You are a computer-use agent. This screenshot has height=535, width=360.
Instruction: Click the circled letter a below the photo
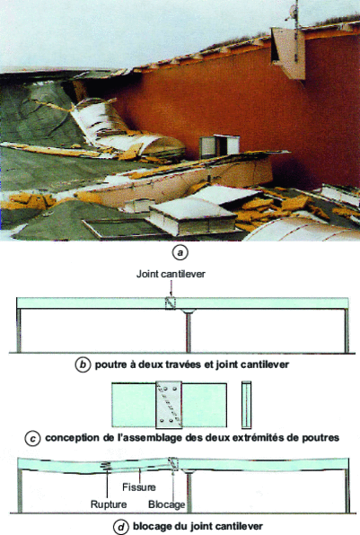coord(180,253)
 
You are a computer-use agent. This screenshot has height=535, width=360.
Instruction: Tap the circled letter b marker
coord(83,364)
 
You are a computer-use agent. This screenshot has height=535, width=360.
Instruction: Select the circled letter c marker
coord(32,438)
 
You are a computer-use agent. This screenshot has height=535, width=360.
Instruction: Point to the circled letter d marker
coord(121,526)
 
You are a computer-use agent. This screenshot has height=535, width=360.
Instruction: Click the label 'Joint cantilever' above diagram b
coord(171,274)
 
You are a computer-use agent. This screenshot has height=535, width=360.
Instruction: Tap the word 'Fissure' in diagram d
coord(139,487)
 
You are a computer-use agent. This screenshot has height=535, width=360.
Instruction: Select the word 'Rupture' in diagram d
coord(109,504)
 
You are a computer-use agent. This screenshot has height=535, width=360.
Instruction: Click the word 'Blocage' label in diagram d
coord(167,504)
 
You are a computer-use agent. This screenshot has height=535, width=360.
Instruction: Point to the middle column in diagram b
coord(188,330)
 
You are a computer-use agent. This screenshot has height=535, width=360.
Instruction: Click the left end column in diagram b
coord(19,330)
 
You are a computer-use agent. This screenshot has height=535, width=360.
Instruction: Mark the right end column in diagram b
coord(347,330)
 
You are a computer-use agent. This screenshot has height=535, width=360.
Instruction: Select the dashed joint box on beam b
coord(170,303)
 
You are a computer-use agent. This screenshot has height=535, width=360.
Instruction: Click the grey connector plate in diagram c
coord(169,405)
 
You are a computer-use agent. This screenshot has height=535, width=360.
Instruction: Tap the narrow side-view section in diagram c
coord(246,405)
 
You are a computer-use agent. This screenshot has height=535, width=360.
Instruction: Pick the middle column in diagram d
coord(189,492)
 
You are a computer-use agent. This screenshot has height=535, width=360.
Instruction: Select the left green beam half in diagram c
coord(134,405)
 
